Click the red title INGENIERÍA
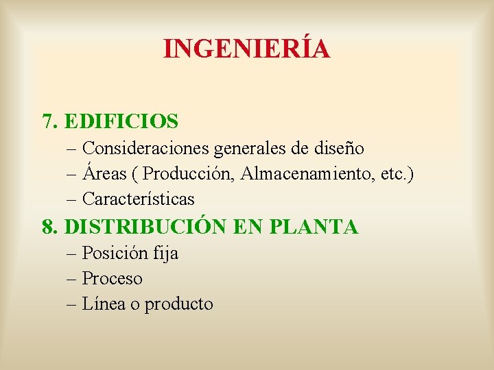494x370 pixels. click(247, 49)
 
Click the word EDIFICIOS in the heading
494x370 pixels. click(121, 122)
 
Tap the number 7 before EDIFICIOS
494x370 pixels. click(47, 122)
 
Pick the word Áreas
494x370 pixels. click(104, 173)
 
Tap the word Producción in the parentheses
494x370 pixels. click(189, 173)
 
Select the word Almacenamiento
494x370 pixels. click(307, 173)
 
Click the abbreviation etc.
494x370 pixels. click(393, 173)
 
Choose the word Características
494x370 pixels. click(138, 199)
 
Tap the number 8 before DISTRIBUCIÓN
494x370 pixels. click(47, 227)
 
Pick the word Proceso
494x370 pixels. click(113, 279)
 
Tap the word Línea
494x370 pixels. click(102, 304)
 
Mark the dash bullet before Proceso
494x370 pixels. click(73, 279)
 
